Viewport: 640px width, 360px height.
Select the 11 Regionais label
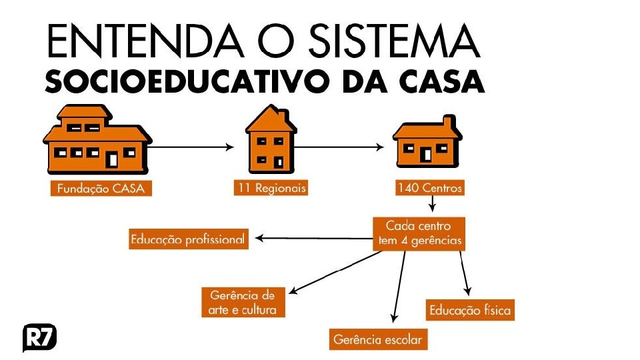(271, 189)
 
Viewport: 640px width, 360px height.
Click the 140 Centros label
(429, 189)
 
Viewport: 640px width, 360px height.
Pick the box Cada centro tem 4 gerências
(418, 234)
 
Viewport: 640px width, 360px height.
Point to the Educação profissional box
(188, 239)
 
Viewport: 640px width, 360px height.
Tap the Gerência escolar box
(377, 339)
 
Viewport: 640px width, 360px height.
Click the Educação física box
(470, 310)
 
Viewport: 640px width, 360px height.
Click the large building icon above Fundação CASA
(97, 141)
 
